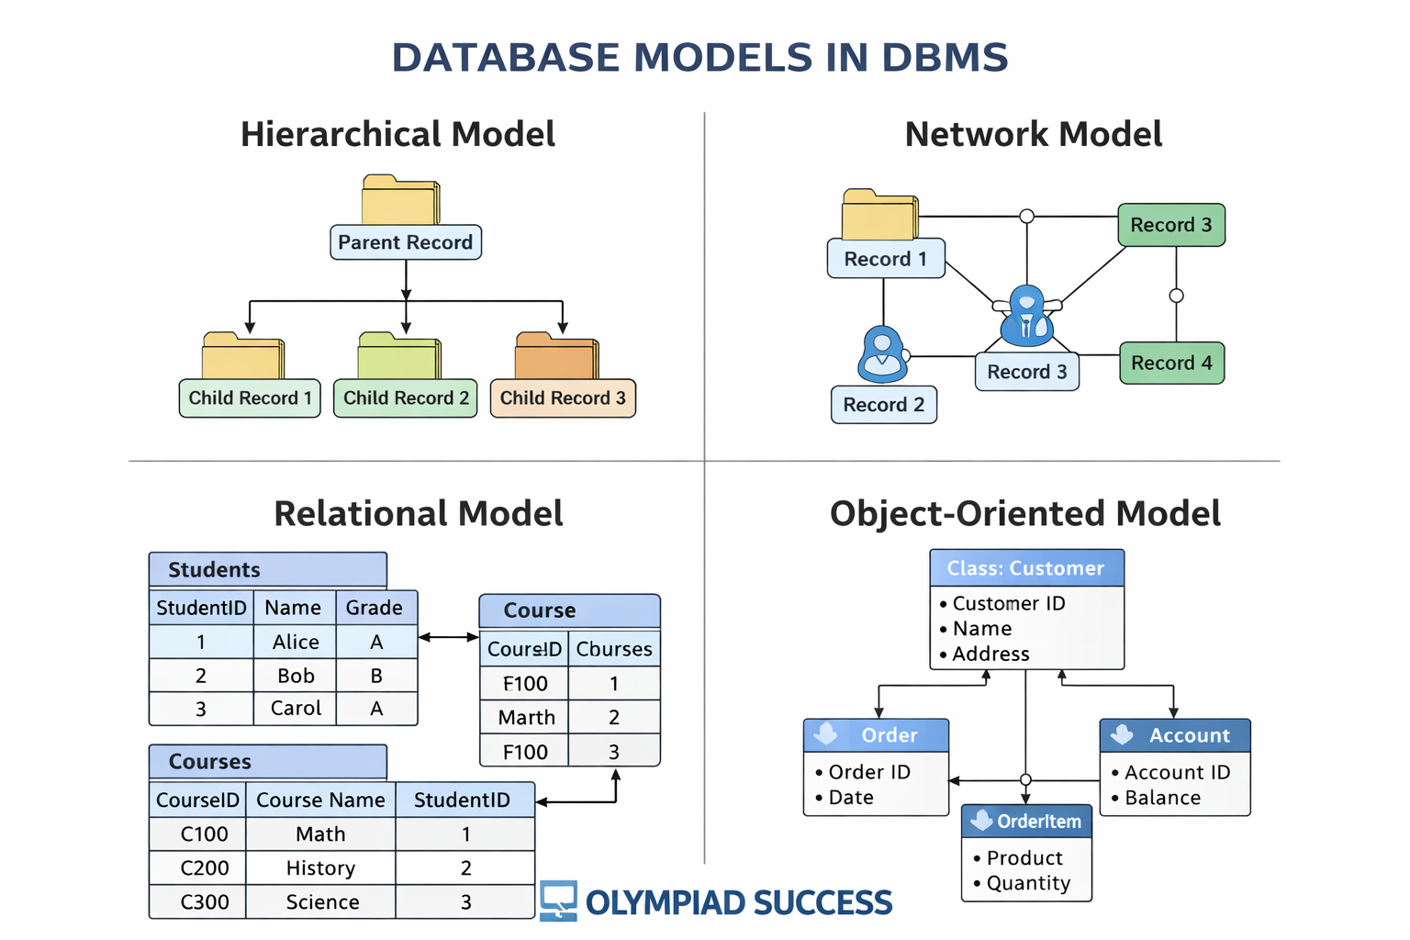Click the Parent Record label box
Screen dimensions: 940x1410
405,242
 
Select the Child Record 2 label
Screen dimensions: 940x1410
406,398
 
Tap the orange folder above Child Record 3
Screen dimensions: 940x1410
556,357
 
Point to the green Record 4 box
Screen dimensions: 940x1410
1171,363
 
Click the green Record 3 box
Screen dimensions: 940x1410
1171,225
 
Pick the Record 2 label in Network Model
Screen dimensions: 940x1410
883,405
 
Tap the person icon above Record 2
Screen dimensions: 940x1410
882,354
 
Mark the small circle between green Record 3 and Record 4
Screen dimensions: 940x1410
1176,296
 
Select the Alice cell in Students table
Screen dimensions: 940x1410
296,642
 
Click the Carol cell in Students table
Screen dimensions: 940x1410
296,709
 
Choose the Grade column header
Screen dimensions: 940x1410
375,608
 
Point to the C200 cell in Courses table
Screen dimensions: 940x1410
204,868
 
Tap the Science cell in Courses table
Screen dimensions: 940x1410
322,902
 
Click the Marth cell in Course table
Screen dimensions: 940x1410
526,718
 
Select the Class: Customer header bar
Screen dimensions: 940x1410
1026,568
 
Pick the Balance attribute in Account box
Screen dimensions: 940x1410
1162,798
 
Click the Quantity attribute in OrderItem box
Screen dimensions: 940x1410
1028,883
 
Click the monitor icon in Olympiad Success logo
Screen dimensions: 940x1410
558,900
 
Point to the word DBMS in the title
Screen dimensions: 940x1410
945,57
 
